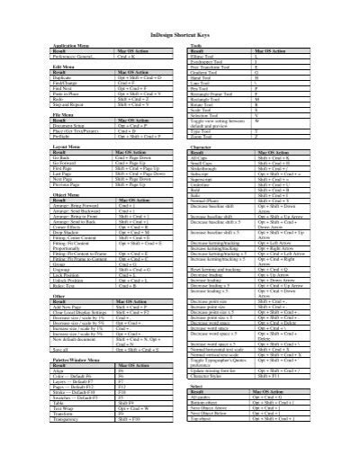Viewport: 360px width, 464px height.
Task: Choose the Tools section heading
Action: tap(195, 44)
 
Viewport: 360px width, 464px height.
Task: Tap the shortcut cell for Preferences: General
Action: tap(126, 56)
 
